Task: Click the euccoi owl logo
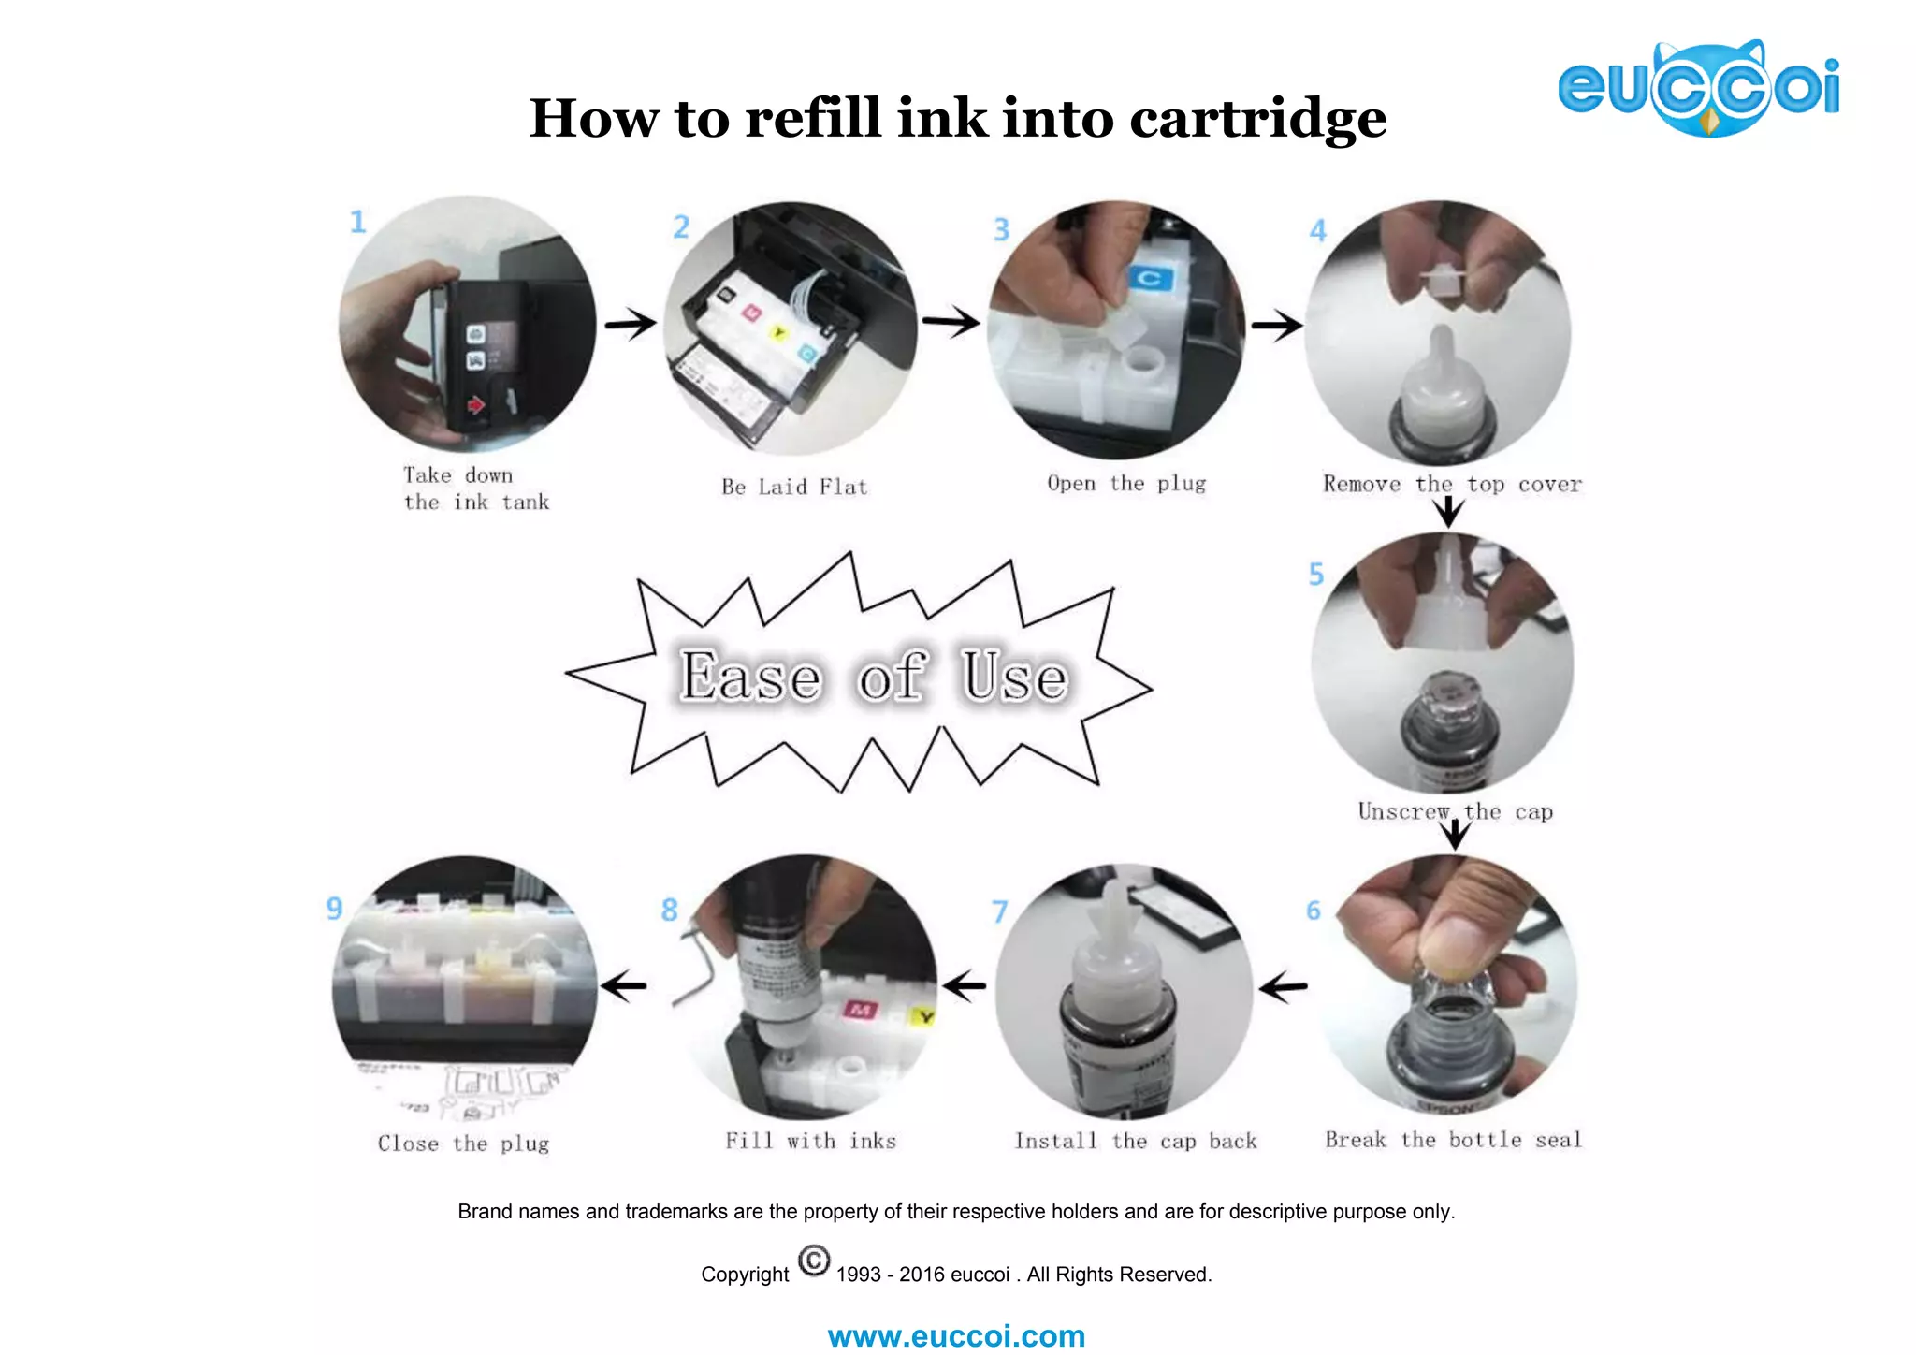coord(1698,89)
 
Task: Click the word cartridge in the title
coord(1257,120)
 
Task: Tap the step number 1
coord(357,222)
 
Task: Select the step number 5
coord(1316,574)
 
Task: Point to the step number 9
coord(334,908)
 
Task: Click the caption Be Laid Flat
coord(794,487)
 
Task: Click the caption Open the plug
coord(1126,484)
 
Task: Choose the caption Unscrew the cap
coord(1455,811)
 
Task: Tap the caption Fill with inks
coord(810,1141)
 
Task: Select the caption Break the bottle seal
coord(1453,1140)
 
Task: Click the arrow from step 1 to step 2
coord(631,324)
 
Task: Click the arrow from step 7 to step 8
coord(964,984)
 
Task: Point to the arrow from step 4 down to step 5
coord(1448,511)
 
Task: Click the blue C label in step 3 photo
coord(1150,278)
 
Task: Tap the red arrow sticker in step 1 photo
coord(476,405)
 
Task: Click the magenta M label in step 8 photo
coord(860,1009)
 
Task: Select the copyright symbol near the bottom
coord(814,1260)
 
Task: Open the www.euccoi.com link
coord(956,1335)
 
